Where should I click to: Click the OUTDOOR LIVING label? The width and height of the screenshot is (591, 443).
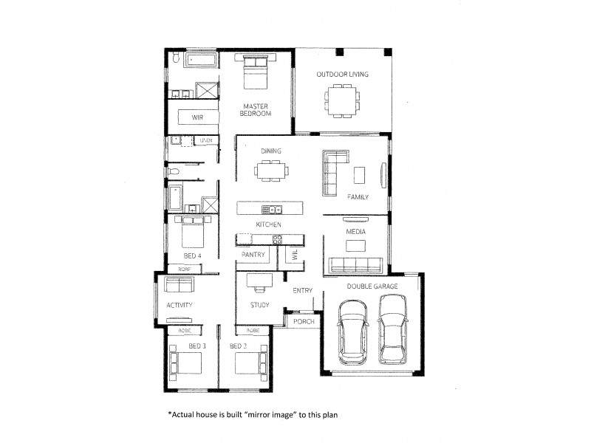tap(343, 75)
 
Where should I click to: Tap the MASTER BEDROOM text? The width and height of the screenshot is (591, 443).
tap(257, 110)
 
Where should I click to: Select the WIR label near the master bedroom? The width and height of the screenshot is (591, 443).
tap(197, 117)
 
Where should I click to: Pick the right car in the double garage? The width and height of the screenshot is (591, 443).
tap(392, 330)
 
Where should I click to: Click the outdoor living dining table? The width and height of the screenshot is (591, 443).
tap(344, 98)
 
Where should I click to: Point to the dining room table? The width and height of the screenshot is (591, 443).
tap(271, 171)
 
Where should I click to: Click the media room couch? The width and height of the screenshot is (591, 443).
tap(356, 265)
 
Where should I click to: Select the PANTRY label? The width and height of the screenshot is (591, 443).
tap(253, 255)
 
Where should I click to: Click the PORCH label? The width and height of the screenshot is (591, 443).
tap(304, 321)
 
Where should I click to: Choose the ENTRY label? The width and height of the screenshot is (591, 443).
tap(303, 290)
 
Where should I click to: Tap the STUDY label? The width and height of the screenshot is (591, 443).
tap(259, 305)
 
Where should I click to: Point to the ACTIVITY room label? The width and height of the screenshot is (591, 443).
tap(180, 305)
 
